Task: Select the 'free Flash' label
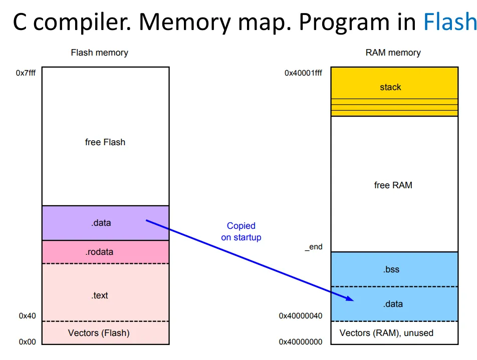pos(105,142)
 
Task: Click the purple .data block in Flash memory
pos(105,223)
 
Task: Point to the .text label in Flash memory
pos(100,295)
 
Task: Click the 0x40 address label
pos(28,316)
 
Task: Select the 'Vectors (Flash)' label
pos(99,333)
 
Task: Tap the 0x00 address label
pos(28,342)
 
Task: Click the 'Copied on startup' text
pos(241,232)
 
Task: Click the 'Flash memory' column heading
pos(99,53)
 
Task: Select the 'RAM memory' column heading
pos(393,53)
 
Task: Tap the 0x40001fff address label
pos(303,73)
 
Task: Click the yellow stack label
pos(390,87)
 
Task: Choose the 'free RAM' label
pos(393,185)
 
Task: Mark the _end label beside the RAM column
pos(314,247)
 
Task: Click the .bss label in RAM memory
pos(391,269)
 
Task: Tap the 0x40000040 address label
pos(301,316)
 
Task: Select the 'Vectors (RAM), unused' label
pos(386,333)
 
